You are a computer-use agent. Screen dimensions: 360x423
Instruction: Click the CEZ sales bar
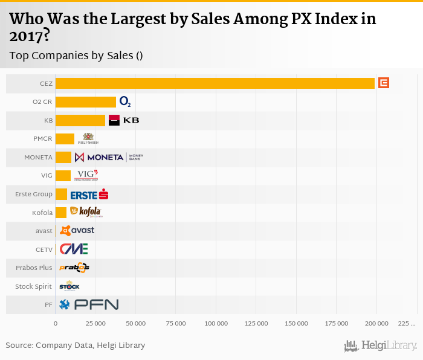pyautogui.click(x=215, y=83)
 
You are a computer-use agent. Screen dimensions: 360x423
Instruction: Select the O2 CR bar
pyautogui.click(x=85, y=102)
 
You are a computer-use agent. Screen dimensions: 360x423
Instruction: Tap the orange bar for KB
pyautogui.click(x=80, y=120)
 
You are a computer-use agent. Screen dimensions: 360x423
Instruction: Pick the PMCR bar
pyautogui.click(x=65, y=139)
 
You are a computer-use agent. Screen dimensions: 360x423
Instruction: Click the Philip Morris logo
pyautogui.click(x=88, y=139)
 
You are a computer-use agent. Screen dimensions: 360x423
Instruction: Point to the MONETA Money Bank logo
pyautogui.click(x=109, y=158)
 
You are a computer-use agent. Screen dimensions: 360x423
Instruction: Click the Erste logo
pyautogui.click(x=89, y=194)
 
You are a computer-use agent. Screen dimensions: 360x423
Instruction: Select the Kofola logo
pyautogui.click(x=86, y=212)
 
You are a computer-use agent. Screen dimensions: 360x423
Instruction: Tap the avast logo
pyautogui.click(x=77, y=231)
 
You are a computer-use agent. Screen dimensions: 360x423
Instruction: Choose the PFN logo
pyautogui.click(x=89, y=304)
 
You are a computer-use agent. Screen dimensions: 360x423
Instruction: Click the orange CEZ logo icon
pyautogui.click(x=383, y=83)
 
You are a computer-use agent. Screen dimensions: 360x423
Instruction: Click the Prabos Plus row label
pyautogui.click(x=34, y=268)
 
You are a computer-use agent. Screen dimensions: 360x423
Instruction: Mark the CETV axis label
pyautogui.click(x=44, y=249)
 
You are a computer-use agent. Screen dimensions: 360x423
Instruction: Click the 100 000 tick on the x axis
pyautogui.click(x=216, y=324)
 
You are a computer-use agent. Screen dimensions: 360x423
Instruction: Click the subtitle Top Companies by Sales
pyautogui.click(x=76, y=56)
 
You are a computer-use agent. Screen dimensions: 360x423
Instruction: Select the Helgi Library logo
pyautogui.click(x=381, y=346)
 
